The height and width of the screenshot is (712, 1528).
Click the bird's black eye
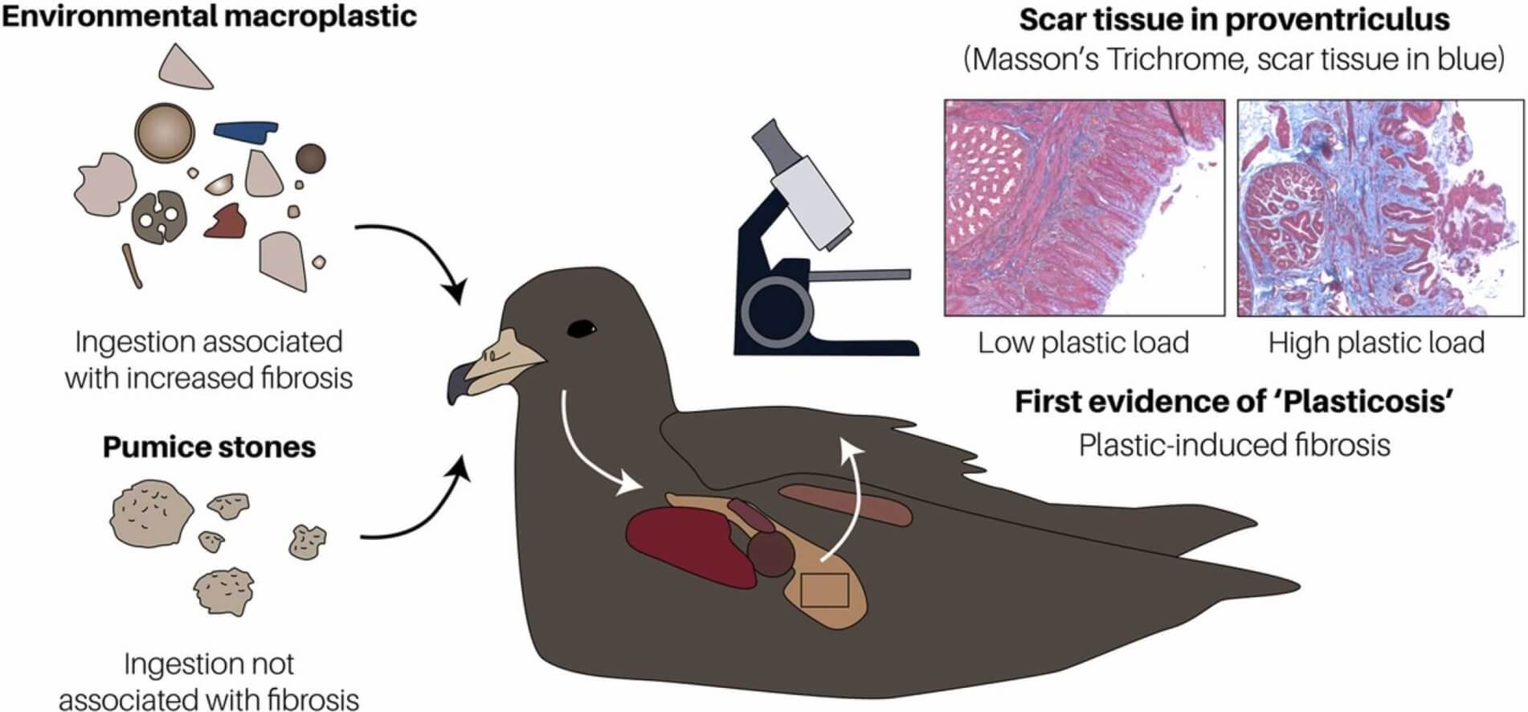(x=582, y=329)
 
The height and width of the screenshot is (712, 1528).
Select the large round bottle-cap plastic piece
(x=165, y=133)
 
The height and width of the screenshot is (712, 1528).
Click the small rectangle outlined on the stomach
(x=825, y=591)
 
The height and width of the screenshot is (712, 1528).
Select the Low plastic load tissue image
(x=1084, y=207)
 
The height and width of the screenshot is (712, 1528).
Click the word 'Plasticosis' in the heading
(x=1366, y=401)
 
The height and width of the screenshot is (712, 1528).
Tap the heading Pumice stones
(x=209, y=447)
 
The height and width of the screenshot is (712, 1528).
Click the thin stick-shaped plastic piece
(x=132, y=266)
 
